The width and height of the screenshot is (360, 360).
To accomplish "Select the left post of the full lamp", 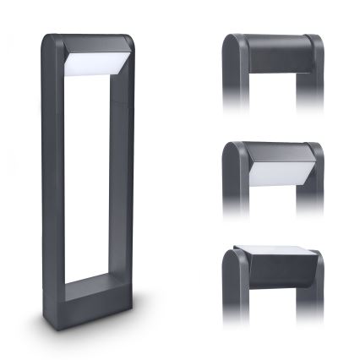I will (52, 169).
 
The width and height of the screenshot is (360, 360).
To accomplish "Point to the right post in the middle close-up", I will (312, 190).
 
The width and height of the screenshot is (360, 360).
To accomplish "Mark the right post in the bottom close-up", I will (312, 296).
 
